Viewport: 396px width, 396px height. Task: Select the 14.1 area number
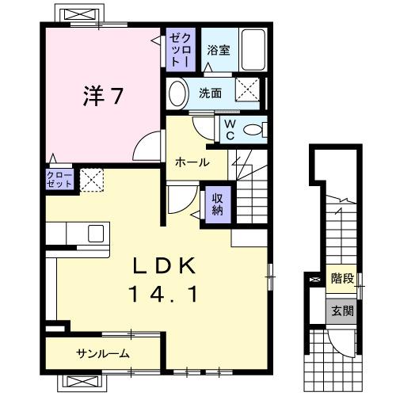pyautogui.click(x=163, y=295)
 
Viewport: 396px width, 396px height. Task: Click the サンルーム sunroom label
pyautogui.click(x=103, y=353)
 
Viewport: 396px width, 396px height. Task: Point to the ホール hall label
pyautogui.click(x=192, y=163)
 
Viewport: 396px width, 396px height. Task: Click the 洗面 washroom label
pyautogui.click(x=210, y=92)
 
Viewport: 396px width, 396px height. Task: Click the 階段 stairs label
pyautogui.click(x=342, y=279)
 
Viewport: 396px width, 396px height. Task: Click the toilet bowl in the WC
pyautogui.click(x=253, y=130)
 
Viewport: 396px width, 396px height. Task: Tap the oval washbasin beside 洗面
pyautogui.click(x=178, y=93)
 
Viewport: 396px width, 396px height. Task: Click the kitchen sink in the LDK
pyautogui.click(x=95, y=234)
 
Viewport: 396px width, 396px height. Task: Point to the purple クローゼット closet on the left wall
pyautogui.click(x=59, y=178)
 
